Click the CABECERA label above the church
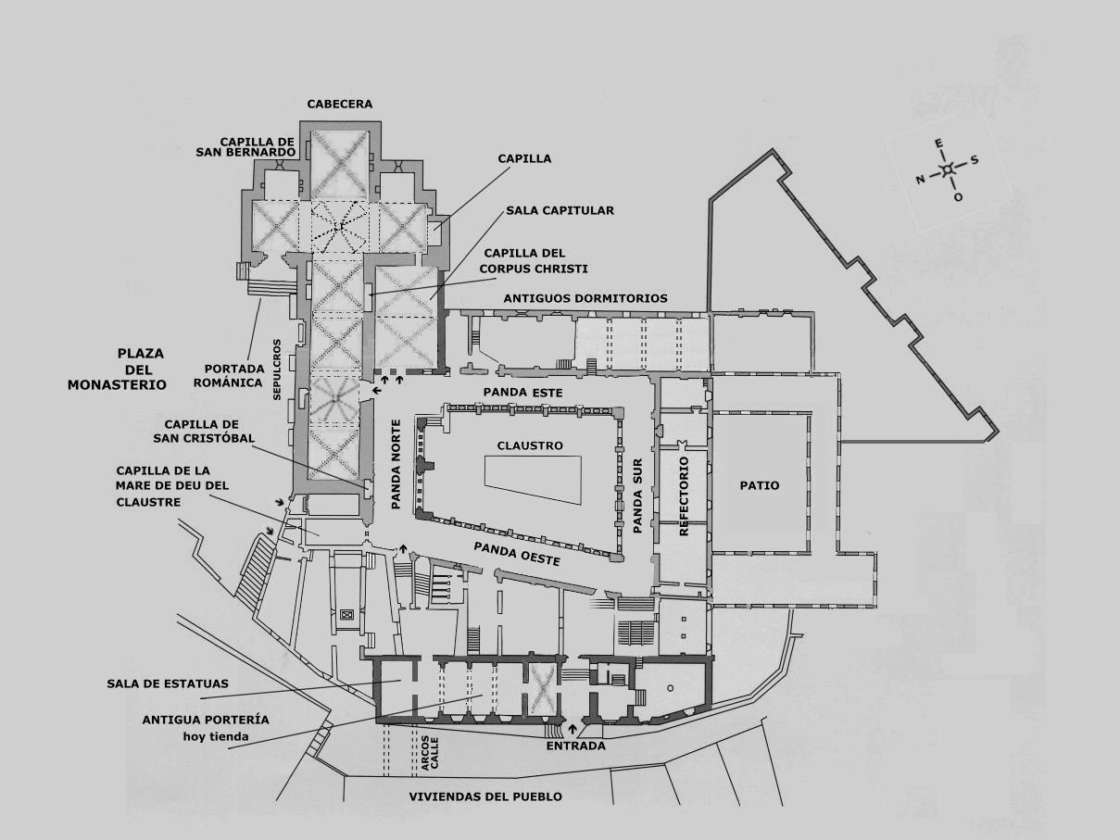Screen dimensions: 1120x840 pos(339,104)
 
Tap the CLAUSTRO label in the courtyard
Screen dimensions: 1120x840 pos(530,445)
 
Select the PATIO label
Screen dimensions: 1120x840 pos(760,485)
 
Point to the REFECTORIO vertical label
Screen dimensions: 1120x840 pos(684,495)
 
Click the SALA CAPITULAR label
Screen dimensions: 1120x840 pos(560,210)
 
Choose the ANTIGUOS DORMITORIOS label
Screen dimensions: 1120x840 pos(585,298)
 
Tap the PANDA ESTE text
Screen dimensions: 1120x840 pos(523,393)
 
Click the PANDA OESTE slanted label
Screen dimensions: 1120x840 pos(517,554)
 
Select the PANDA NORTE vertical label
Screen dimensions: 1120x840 pos(396,465)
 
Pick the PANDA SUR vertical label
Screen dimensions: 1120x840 pos(637,496)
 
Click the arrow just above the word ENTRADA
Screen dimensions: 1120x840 pos(572,728)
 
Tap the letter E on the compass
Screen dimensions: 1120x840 pos(938,144)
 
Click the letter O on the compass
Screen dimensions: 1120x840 pos(958,197)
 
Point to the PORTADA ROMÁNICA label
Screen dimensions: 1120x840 pos(229,375)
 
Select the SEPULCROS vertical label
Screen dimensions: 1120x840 pos(277,370)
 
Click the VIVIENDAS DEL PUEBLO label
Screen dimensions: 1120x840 pos(485,796)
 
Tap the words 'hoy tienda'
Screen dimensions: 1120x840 pos(217,736)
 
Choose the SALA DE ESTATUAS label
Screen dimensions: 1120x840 pos(168,683)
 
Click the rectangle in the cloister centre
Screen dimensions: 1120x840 pos(533,481)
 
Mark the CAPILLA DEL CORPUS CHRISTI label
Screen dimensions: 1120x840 pos(534,260)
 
